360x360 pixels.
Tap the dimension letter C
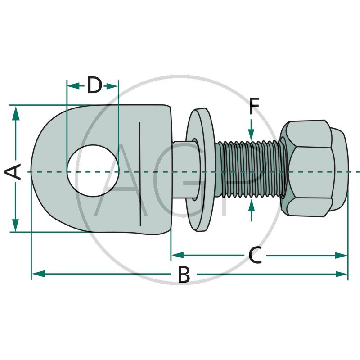[x=255, y=256]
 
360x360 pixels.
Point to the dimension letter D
[x=94, y=85]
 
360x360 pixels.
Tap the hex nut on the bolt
[x=314, y=168]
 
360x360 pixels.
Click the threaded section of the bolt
[x=250, y=169]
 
